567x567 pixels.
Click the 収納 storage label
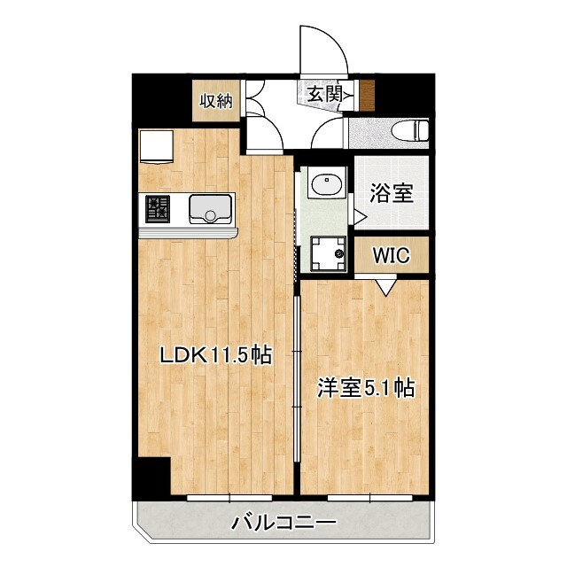point(215,100)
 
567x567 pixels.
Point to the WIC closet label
point(390,256)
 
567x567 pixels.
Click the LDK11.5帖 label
point(215,356)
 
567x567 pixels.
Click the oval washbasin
point(325,186)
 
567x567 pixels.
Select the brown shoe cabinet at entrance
point(365,91)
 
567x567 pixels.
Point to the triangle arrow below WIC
point(384,285)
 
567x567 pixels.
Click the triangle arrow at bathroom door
point(359,216)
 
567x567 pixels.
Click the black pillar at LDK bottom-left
point(151,478)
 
